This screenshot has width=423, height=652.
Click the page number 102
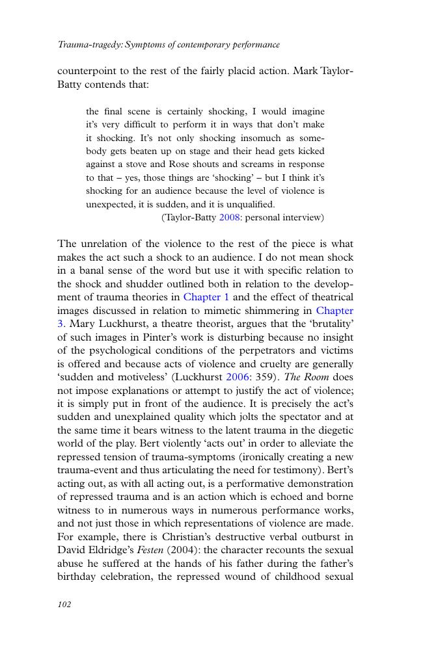coord(64,605)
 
